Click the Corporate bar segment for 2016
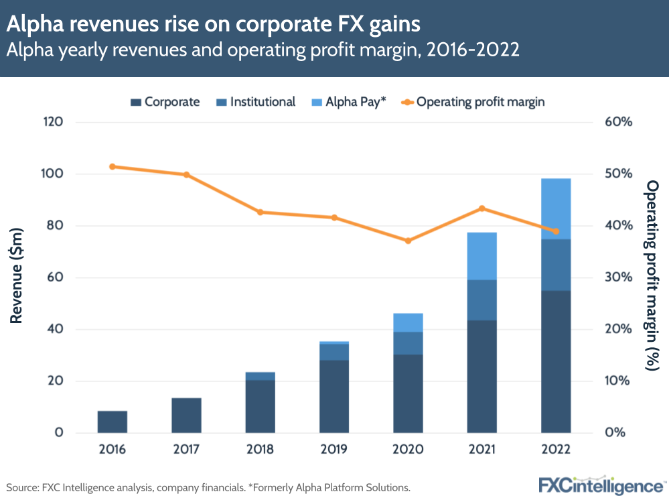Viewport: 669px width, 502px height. pyautogui.click(x=112, y=422)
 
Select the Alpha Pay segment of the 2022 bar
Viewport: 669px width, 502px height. pyautogui.click(x=556, y=208)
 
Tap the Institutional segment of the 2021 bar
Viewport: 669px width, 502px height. pyautogui.click(x=481, y=300)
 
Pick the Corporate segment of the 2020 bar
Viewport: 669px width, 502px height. pyautogui.click(x=408, y=393)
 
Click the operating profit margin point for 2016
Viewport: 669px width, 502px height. pyautogui.click(x=113, y=166)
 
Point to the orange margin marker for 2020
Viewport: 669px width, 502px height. pyautogui.click(x=408, y=241)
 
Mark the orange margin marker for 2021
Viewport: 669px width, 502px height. pyautogui.click(x=481, y=208)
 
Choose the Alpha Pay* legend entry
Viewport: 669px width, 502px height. pyautogui.click(x=348, y=102)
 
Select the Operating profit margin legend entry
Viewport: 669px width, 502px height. pyautogui.click(x=472, y=102)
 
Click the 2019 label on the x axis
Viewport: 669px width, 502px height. pyautogui.click(x=333, y=449)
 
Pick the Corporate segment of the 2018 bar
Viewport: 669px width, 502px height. pyautogui.click(x=260, y=406)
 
